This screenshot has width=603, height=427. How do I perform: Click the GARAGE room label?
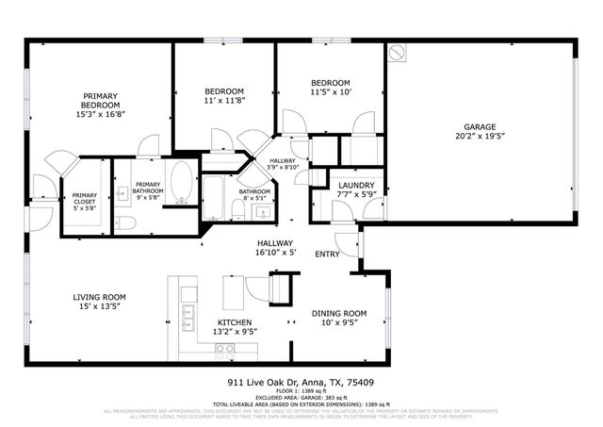point(479,127)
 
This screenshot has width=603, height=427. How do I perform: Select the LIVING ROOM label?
point(100,298)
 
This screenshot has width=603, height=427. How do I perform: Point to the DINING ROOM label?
point(339,313)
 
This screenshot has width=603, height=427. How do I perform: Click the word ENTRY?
point(327,254)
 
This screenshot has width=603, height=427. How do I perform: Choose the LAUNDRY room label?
point(357,186)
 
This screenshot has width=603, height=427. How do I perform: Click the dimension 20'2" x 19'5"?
point(479,136)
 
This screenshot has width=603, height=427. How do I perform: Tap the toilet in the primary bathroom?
point(128,222)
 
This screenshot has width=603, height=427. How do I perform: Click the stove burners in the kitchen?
point(225,349)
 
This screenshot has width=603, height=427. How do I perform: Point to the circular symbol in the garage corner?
point(398,53)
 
